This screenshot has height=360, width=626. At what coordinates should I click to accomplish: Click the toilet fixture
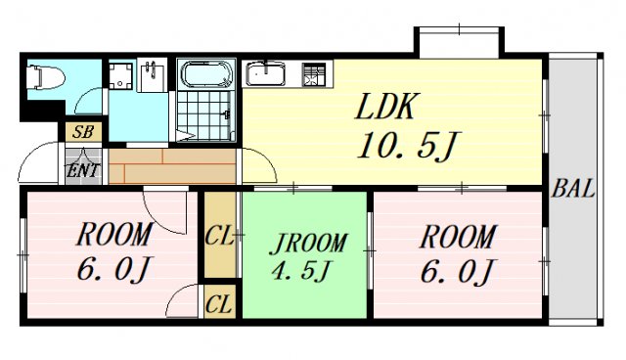(x=46, y=77)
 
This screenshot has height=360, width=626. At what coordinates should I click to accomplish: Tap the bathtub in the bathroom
(x=206, y=73)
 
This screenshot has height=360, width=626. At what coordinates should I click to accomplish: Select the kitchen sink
(x=265, y=73)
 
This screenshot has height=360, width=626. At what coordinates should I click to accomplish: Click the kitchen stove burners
(x=313, y=74)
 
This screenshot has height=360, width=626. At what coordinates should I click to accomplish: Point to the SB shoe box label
(x=82, y=131)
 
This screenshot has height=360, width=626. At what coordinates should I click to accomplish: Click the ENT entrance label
(x=82, y=170)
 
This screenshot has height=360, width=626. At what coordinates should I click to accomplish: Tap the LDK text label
(x=386, y=107)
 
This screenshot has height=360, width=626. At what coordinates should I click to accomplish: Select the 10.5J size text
(x=408, y=146)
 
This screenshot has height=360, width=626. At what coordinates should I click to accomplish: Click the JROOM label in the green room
(x=308, y=243)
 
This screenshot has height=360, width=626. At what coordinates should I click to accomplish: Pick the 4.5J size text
(x=301, y=271)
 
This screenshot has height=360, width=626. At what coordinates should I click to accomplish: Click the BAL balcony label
(x=573, y=189)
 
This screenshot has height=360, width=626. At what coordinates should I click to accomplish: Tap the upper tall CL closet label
(x=219, y=236)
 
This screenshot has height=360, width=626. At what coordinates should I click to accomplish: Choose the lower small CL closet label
(x=218, y=304)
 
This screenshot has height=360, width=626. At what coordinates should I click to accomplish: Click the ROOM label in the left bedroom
(x=114, y=234)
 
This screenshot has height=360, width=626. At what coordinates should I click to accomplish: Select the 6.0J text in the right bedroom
(x=458, y=271)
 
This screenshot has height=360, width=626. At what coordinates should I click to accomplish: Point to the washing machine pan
(x=120, y=75)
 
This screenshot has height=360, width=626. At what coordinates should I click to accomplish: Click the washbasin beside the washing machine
(x=153, y=75)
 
